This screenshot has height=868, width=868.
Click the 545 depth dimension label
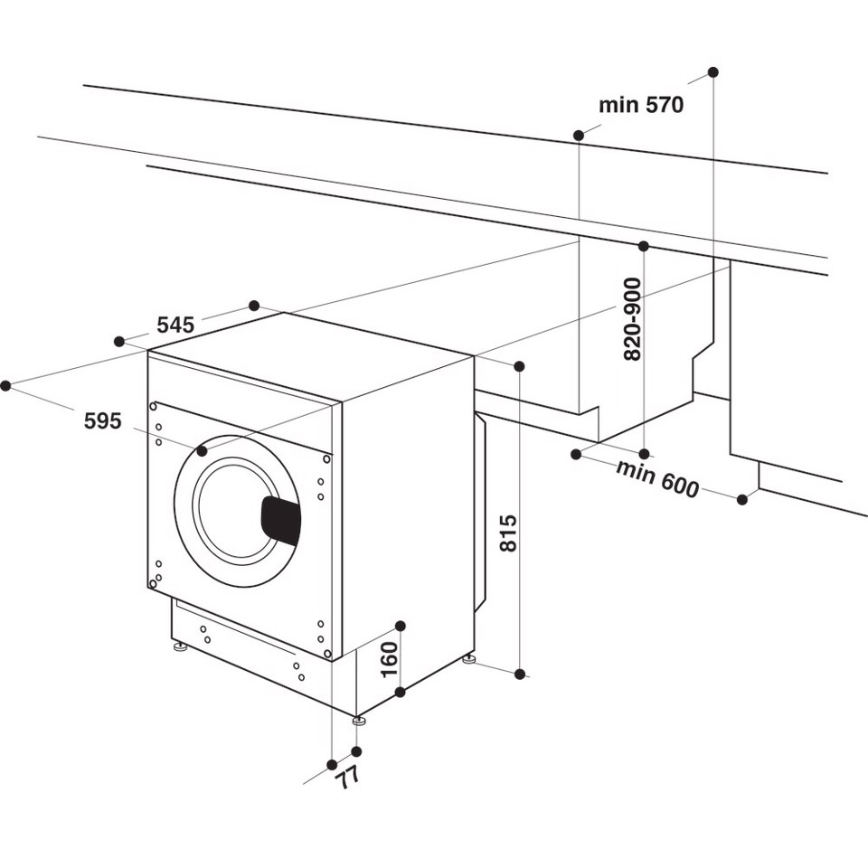[175, 325]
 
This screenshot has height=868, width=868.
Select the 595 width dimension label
[102, 420]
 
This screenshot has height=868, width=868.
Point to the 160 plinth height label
[388, 660]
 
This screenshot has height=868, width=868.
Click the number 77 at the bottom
[347, 775]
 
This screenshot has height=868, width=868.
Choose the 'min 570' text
[641, 105]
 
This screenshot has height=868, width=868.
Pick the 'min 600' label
[657, 478]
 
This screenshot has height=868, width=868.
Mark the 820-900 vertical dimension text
[632, 319]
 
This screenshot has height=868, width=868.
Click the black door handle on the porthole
[280, 521]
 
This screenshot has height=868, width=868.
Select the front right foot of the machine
[359, 721]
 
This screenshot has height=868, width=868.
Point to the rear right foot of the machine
[468, 660]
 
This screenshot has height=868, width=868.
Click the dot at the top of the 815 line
[520, 366]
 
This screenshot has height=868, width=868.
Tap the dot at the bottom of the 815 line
[520, 674]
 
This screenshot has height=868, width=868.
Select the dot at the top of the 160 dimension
[401, 626]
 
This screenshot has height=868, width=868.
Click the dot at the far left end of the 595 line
[5, 385]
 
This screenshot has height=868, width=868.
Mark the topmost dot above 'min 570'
[713, 71]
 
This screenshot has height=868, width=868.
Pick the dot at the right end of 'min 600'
[742, 499]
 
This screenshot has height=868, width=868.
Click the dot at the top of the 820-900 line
[644, 246]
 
